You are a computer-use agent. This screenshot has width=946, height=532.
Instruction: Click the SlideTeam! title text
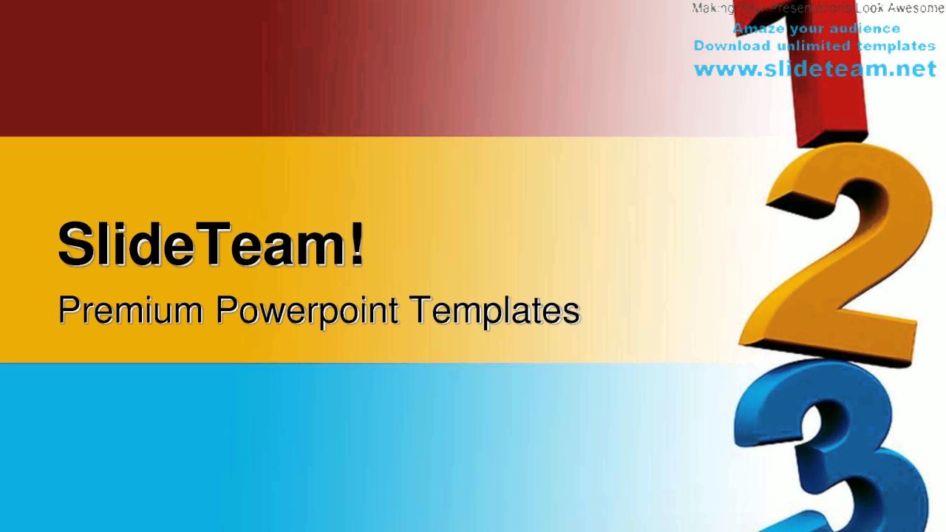[x=211, y=245]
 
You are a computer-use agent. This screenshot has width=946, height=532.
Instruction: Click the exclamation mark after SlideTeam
[x=357, y=244]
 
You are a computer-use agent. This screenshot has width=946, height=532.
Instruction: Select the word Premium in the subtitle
[x=130, y=310]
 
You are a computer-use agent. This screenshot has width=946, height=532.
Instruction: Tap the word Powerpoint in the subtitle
[x=307, y=311]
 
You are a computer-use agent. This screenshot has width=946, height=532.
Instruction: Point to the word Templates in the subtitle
[x=494, y=310]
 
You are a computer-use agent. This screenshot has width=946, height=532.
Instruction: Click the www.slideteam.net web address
[x=814, y=69]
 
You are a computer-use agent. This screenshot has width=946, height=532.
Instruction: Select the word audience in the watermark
[x=865, y=29]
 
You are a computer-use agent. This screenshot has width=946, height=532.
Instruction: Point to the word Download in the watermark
[x=732, y=46]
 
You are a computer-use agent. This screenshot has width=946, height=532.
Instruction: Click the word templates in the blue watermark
[x=896, y=46]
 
